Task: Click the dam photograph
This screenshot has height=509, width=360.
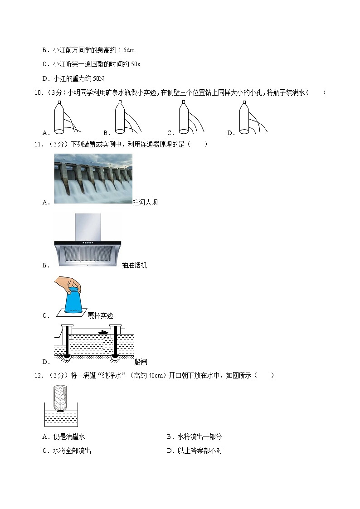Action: (x=93, y=178)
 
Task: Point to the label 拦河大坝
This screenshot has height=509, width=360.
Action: (x=145, y=203)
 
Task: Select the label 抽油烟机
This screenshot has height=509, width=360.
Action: (x=134, y=266)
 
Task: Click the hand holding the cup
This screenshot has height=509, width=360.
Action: (x=68, y=285)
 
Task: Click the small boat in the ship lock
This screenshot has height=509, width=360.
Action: (x=104, y=333)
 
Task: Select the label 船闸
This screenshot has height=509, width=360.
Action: (x=141, y=362)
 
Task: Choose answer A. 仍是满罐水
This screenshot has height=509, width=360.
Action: (x=63, y=436)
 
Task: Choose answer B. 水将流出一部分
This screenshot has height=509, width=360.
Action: (x=194, y=436)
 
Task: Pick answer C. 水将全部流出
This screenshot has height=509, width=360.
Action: (x=67, y=451)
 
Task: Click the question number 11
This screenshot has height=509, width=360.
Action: (x=38, y=145)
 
